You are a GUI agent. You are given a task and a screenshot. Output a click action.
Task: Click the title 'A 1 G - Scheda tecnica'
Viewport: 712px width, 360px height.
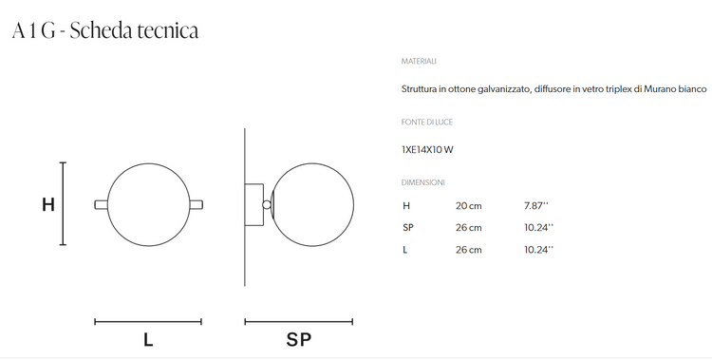point(105,31)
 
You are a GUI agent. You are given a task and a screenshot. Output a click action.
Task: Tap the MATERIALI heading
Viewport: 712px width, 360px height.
point(419,61)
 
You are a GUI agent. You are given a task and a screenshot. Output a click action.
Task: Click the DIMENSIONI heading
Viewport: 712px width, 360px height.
point(423,181)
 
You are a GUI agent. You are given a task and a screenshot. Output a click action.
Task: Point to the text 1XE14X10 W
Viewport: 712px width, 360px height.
point(428,148)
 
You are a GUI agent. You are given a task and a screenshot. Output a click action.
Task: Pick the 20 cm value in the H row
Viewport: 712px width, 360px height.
point(469,205)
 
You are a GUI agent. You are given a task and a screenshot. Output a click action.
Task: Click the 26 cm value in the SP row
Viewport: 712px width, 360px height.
point(469,228)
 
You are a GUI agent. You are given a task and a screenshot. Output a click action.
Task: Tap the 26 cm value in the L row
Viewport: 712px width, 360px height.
point(469,251)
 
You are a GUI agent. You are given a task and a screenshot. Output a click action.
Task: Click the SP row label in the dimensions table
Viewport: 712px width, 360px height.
point(408,228)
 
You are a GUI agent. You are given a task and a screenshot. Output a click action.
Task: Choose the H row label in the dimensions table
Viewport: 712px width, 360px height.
point(406,205)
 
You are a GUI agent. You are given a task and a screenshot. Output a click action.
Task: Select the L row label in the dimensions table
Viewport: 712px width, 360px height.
point(405,251)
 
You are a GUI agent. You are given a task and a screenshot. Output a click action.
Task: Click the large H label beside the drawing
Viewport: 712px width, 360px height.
point(47,204)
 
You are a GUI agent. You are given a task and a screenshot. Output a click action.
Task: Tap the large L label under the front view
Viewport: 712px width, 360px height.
point(148,339)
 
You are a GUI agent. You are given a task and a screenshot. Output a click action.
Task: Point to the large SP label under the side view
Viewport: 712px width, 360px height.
point(298,339)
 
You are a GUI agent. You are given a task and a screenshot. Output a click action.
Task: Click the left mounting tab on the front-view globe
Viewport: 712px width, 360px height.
point(101,204)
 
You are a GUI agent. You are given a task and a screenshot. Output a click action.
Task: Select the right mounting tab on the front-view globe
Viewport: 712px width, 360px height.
point(196,204)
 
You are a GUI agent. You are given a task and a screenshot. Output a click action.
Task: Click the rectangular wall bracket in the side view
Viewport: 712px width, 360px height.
point(254,204)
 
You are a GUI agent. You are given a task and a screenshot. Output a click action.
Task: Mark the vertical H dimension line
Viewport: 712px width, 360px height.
point(63,204)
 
